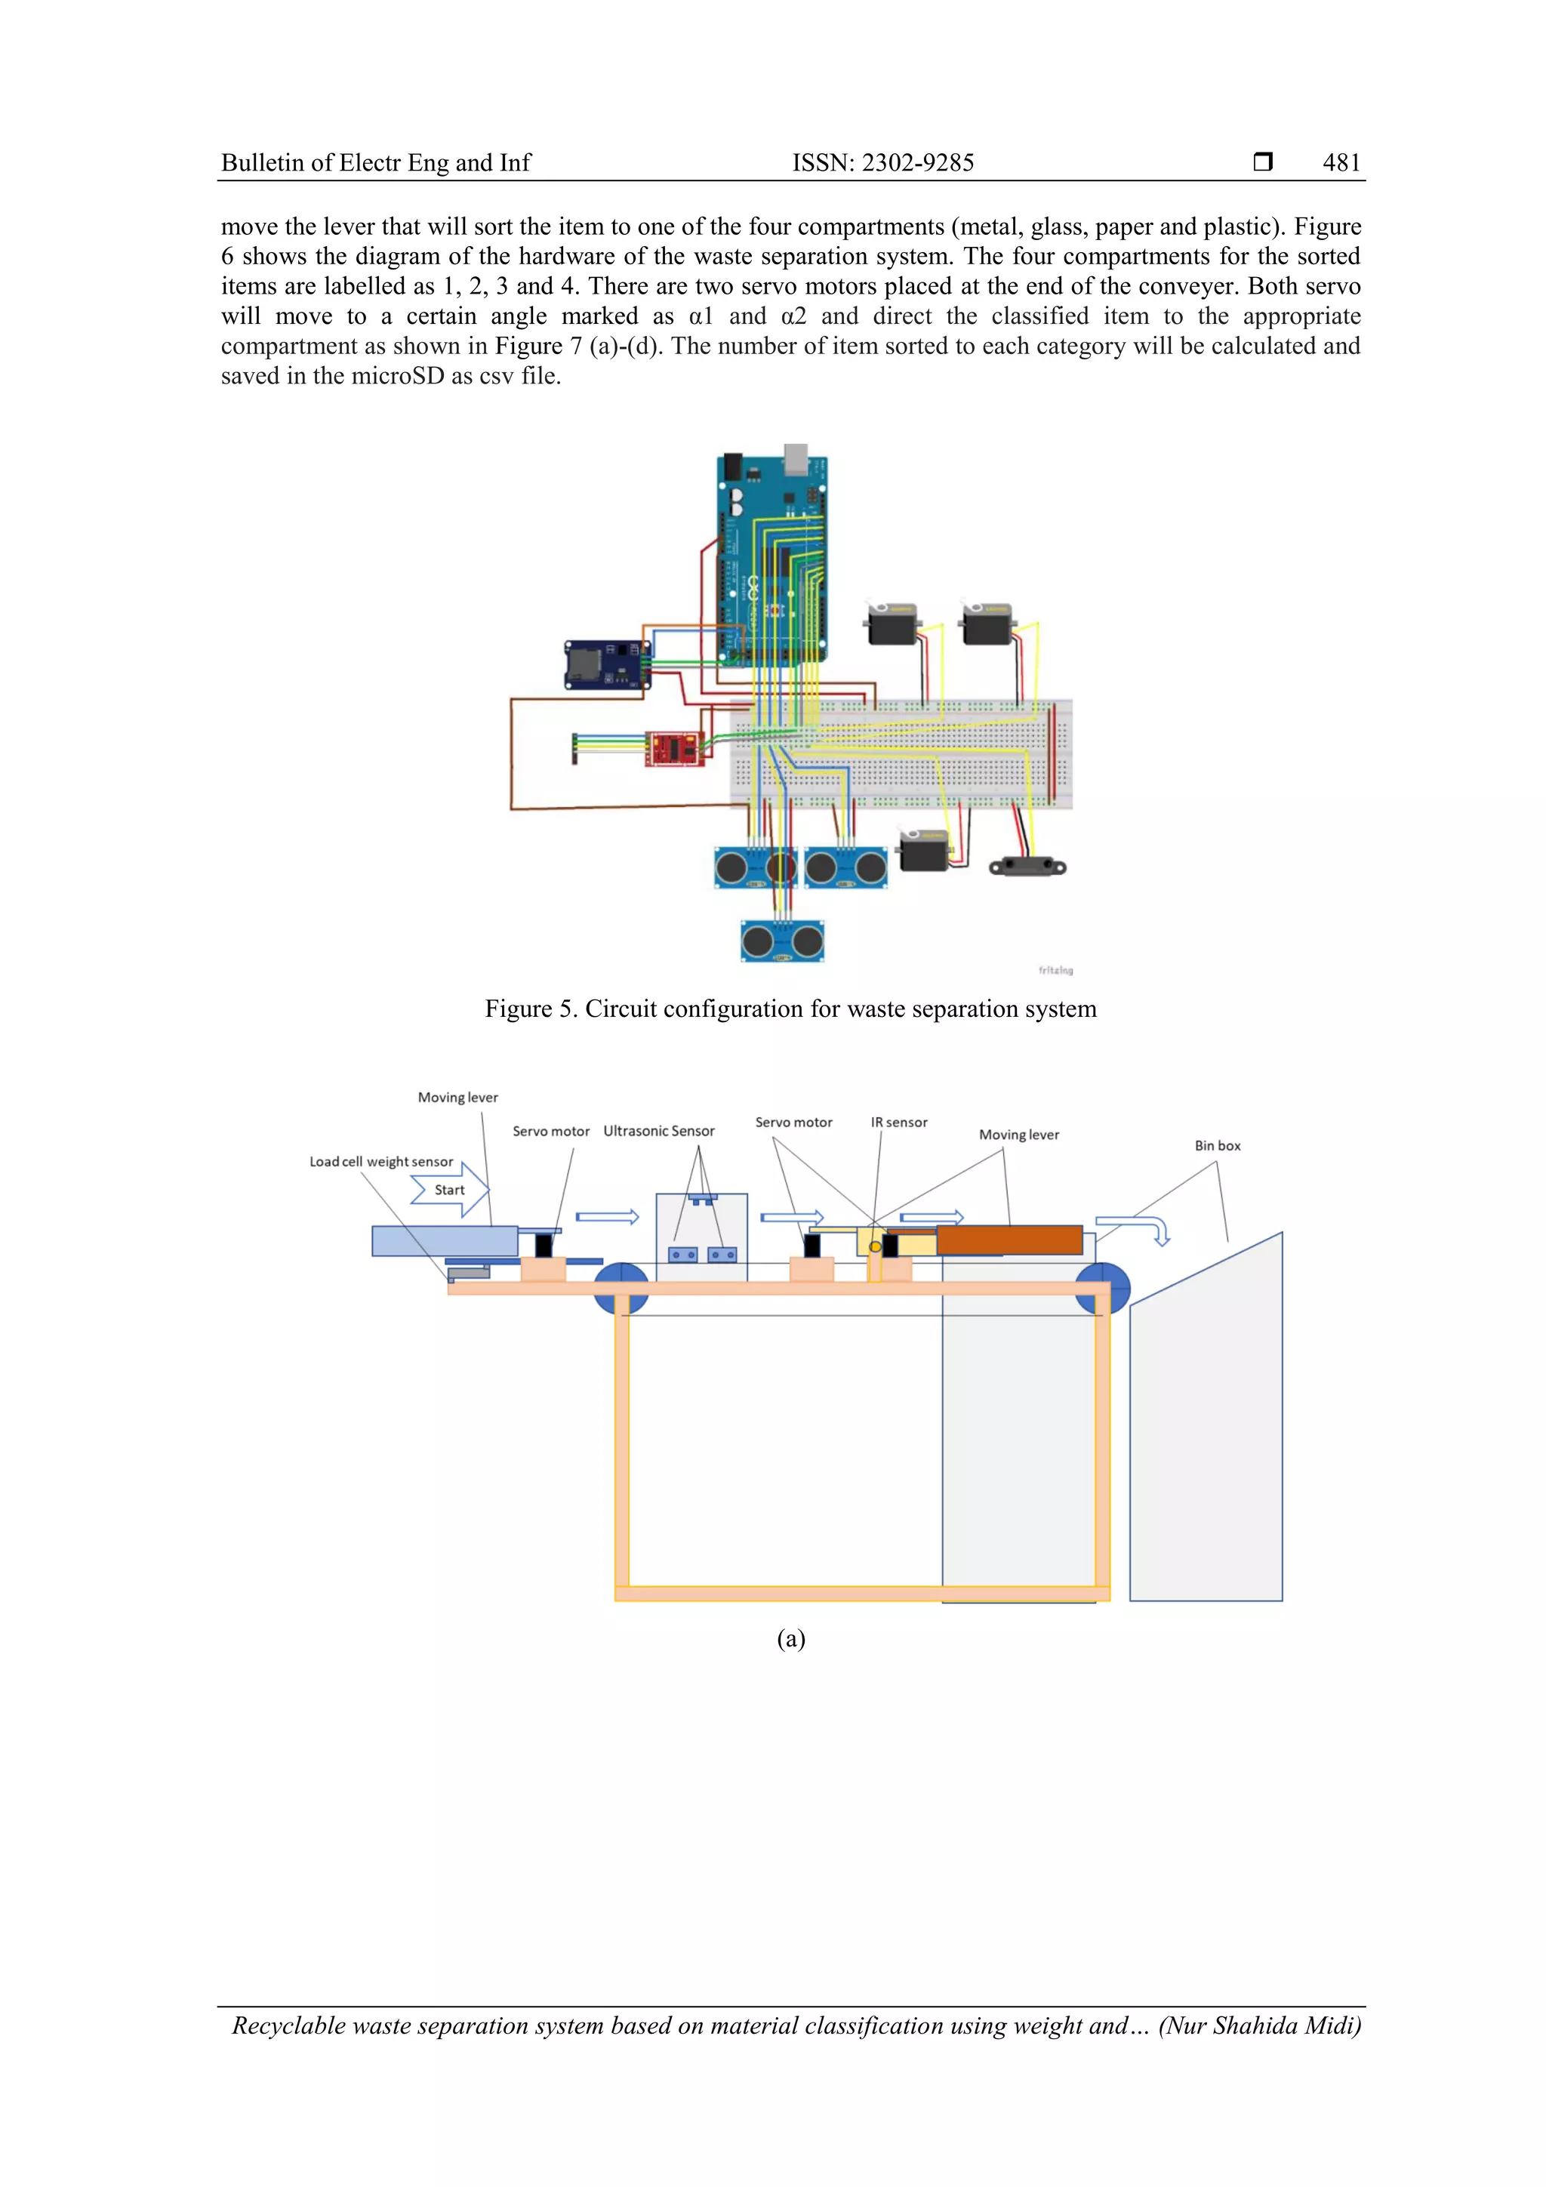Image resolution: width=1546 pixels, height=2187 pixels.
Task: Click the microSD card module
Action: coord(607,664)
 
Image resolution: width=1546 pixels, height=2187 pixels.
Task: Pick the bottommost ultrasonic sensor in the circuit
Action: coord(782,942)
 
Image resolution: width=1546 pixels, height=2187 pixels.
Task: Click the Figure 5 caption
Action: coord(790,1009)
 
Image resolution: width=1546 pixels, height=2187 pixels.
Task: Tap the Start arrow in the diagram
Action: coord(451,1190)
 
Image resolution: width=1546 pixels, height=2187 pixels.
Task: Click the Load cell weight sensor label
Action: coord(381,1161)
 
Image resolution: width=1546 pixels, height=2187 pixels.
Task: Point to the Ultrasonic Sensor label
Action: coord(658,1131)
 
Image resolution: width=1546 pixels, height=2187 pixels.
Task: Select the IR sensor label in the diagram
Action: coord(898,1122)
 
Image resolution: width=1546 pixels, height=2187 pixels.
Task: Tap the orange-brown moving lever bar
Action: coord(1009,1240)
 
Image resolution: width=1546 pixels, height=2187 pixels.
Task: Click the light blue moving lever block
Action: coord(444,1241)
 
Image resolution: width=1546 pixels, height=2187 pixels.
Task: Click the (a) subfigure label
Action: coord(790,1638)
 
